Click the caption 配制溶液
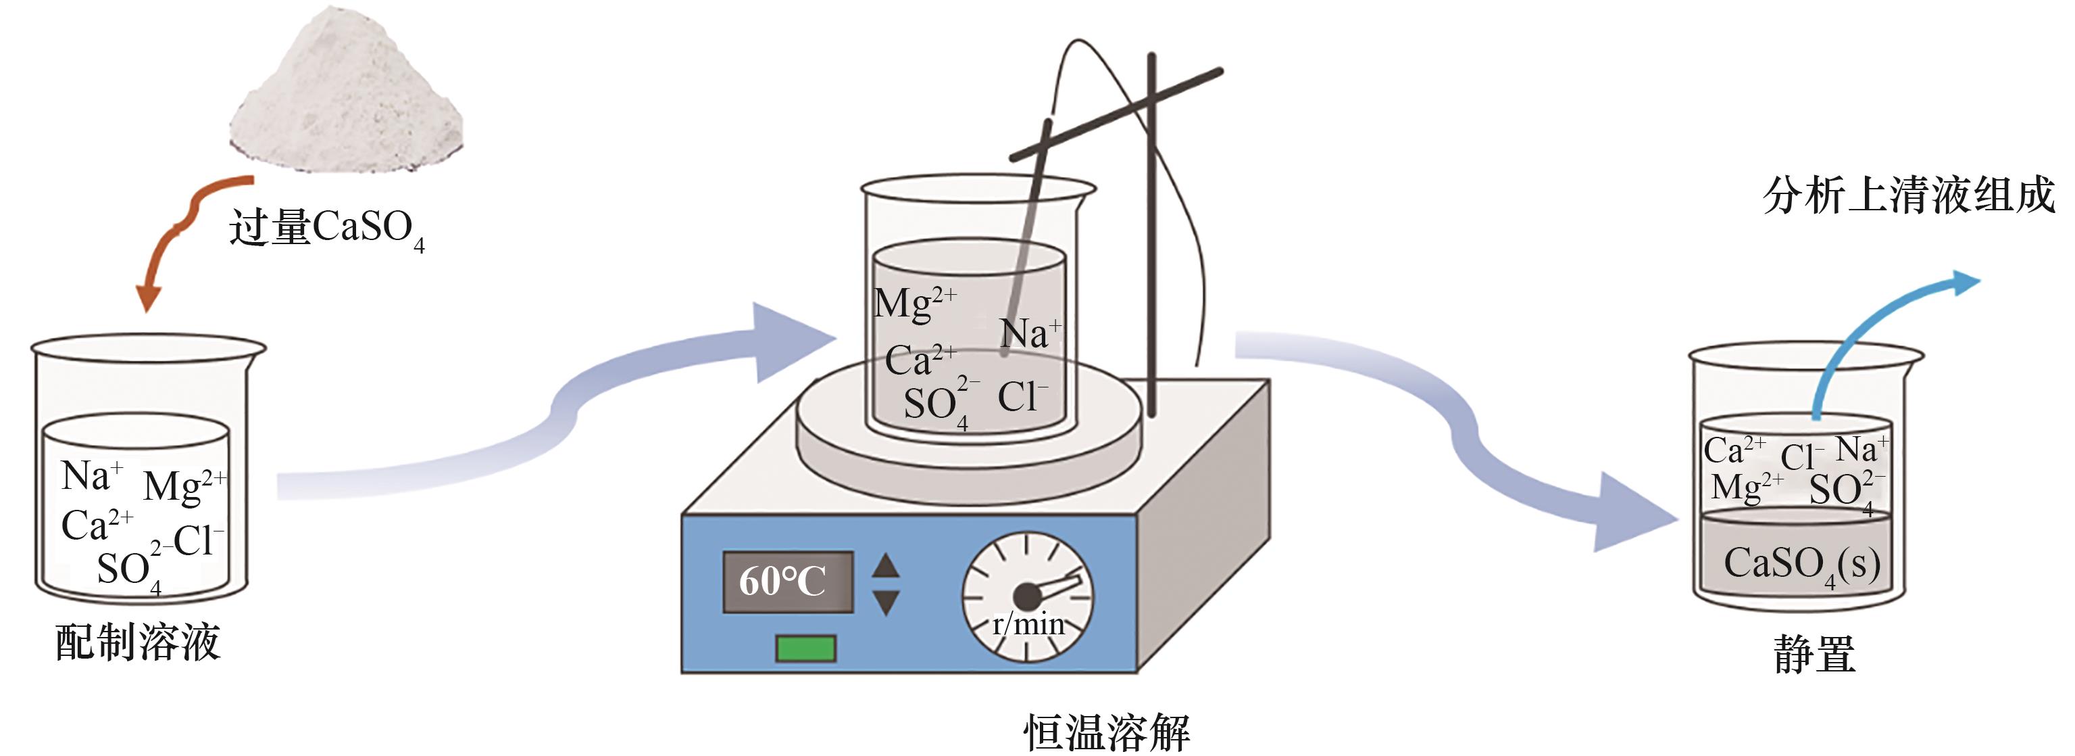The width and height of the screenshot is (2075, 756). [138, 642]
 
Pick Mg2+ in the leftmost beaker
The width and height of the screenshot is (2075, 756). [184, 486]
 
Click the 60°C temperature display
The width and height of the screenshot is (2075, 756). [786, 581]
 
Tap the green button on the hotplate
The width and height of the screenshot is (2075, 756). [805, 648]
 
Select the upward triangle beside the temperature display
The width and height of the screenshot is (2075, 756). [886, 565]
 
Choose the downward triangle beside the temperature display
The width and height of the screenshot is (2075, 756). [886, 602]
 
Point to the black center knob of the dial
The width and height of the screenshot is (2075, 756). [1026, 597]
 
